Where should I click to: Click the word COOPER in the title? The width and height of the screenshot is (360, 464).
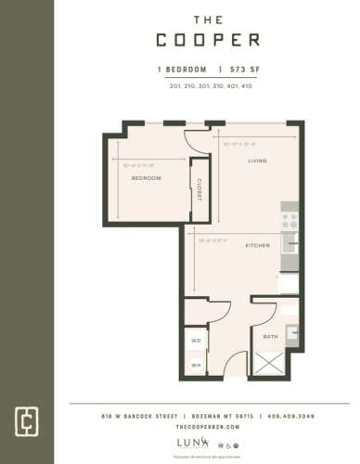click(207, 41)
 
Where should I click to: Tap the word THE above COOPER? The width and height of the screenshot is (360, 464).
click(207, 18)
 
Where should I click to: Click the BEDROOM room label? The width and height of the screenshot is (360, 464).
click(146, 177)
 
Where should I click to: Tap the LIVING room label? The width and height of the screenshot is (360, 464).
click(257, 161)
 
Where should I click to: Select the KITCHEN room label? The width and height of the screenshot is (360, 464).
click(257, 246)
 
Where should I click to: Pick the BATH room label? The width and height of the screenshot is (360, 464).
click(271, 336)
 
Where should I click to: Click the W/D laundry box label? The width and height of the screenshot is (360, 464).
click(196, 341)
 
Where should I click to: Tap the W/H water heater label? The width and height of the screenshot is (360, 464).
click(196, 365)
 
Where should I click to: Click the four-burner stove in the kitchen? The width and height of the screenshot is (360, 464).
click(290, 221)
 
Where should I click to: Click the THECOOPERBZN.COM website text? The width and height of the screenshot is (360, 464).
click(207, 427)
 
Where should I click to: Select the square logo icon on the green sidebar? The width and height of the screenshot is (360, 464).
click(27, 417)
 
